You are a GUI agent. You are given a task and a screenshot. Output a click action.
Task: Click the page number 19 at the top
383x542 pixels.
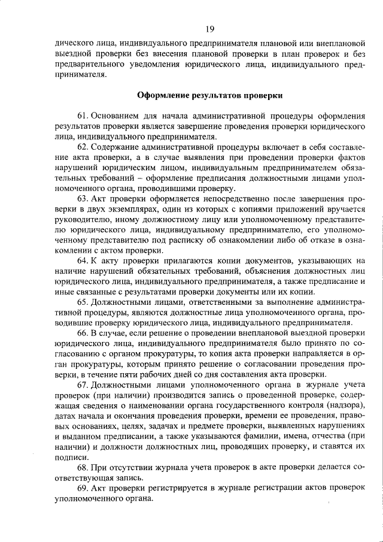click(x=209, y=29)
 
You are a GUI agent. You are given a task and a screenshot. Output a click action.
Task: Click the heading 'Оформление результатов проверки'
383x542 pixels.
click(x=209, y=95)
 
